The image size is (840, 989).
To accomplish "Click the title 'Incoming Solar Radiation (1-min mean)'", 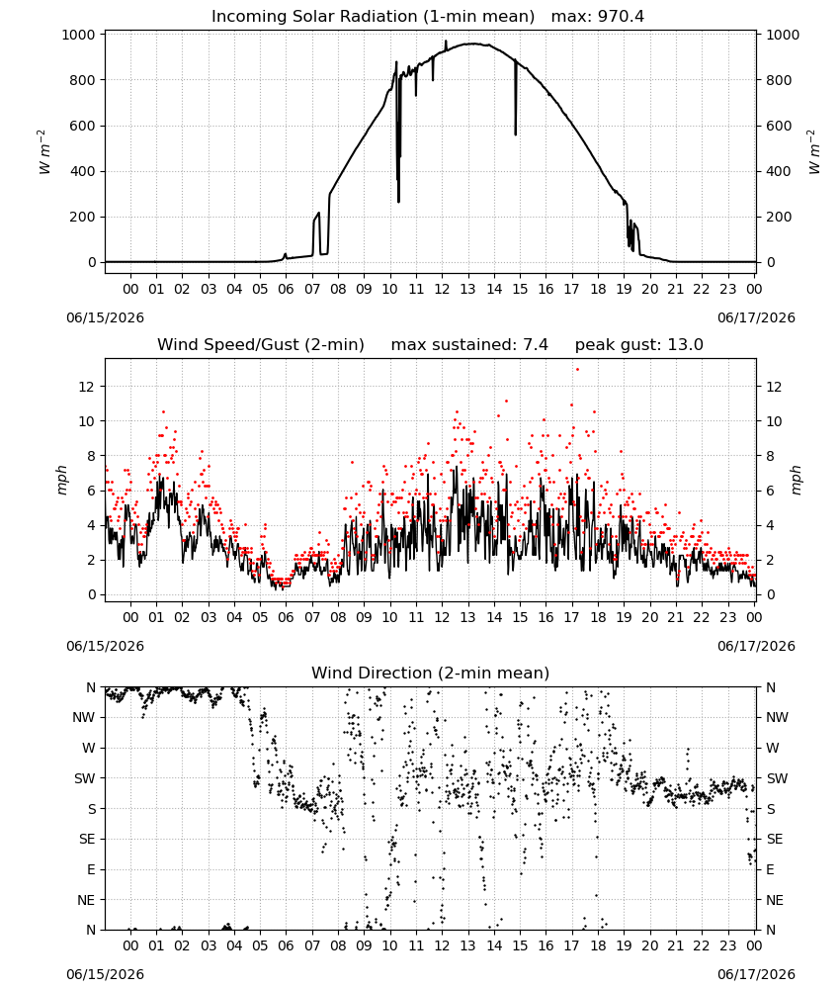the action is click(x=373, y=17).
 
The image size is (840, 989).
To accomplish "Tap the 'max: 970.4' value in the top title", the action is click(x=598, y=17).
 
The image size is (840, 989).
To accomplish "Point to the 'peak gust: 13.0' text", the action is click(x=638, y=345).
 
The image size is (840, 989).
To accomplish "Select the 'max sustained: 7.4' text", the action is click(x=469, y=345).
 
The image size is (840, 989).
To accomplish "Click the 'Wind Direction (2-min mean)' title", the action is click(x=431, y=673).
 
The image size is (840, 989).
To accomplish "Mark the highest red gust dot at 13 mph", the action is click(x=577, y=370).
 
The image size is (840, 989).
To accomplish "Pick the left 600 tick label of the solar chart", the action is click(x=83, y=126).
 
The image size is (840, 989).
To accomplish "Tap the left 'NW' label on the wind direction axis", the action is click(x=84, y=718).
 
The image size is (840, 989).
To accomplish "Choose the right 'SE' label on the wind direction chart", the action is click(x=775, y=839).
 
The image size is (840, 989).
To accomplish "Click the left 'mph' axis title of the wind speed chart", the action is click(x=61, y=480).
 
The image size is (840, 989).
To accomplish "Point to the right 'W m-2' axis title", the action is click(x=813, y=151).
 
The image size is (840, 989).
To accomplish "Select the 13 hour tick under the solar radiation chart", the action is click(x=467, y=289).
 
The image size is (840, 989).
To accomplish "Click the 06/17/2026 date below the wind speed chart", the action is click(x=756, y=646).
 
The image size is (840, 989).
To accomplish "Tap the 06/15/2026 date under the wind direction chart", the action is click(x=105, y=974).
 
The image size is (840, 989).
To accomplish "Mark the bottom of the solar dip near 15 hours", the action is click(x=516, y=135).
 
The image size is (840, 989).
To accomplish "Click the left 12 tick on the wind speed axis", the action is click(x=86, y=387).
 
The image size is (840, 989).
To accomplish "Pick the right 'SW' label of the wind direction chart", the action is click(x=776, y=778).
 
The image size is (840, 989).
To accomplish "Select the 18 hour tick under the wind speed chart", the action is click(x=598, y=617).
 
